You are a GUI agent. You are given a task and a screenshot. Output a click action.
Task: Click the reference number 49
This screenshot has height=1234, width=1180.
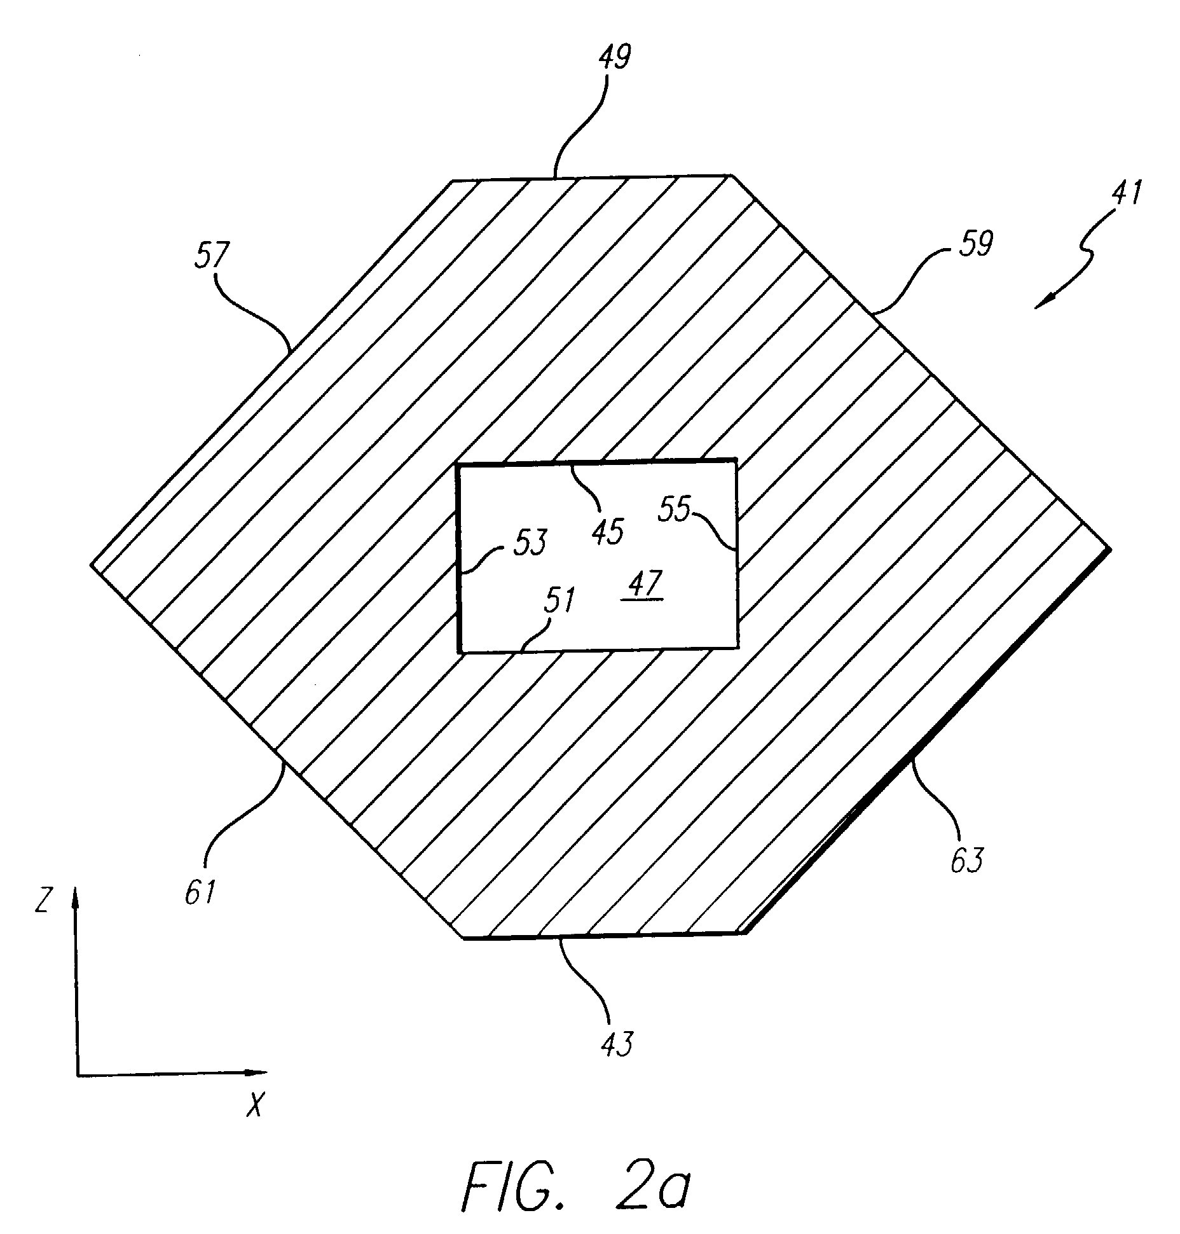(x=614, y=58)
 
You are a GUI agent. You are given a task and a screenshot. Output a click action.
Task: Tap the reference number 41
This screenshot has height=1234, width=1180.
(x=1125, y=193)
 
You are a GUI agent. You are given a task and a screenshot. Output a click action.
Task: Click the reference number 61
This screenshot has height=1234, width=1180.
(x=200, y=893)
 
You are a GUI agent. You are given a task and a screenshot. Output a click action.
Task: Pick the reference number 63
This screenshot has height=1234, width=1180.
(x=966, y=860)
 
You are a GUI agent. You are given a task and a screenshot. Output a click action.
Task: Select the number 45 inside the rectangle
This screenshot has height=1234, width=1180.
(x=608, y=530)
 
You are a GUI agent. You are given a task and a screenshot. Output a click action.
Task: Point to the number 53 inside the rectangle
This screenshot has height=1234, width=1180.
(x=529, y=543)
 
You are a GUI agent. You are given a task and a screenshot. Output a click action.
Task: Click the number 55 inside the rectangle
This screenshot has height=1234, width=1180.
(x=675, y=510)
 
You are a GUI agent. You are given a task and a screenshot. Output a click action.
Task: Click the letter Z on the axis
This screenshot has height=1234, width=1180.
(x=42, y=902)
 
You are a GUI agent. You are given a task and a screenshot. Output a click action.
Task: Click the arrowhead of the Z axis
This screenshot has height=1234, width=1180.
(x=75, y=894)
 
